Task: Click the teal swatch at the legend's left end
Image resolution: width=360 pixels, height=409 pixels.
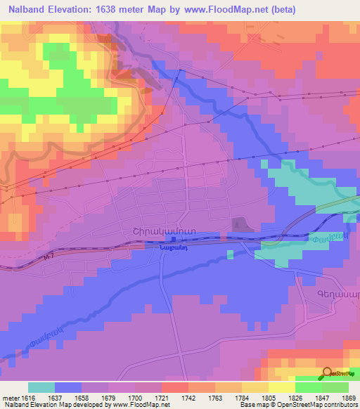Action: tap(41, 387)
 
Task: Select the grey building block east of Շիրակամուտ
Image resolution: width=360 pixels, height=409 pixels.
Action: tap(239, 223)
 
